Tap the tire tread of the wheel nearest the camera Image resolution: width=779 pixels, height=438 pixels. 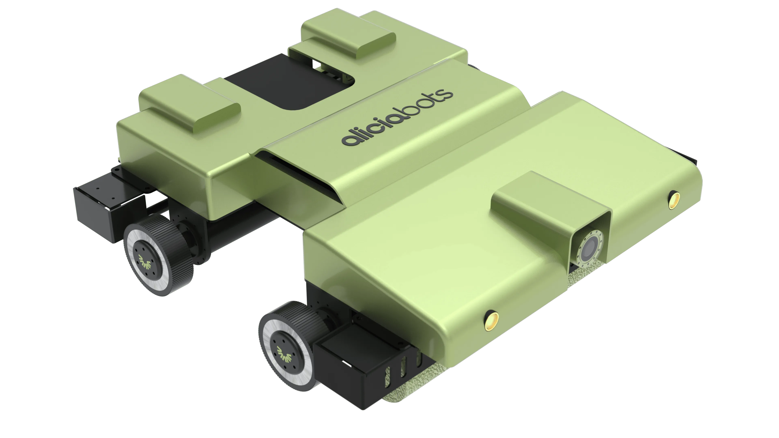tap(306, 317)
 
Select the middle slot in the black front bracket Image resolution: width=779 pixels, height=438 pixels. tap(403, 367)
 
